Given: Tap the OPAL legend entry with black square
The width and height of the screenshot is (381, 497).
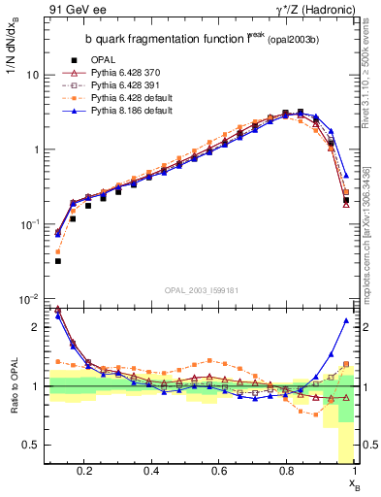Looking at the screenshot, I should tap(100, 59).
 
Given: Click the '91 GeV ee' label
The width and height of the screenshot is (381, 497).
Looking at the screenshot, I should tap(71, 9).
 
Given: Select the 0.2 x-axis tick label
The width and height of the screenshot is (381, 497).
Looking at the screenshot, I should tap(85, 473).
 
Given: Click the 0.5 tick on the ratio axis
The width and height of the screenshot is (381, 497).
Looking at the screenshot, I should tap(30, 445).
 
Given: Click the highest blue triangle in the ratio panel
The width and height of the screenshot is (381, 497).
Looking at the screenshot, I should tap(346, 320).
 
